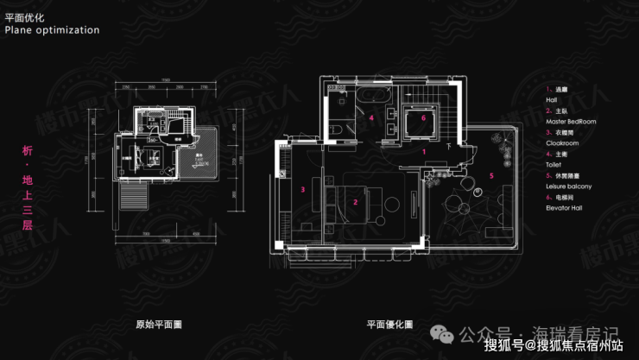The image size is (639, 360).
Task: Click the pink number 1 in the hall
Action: point(424,151)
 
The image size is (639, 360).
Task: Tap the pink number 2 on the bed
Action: point(355,202)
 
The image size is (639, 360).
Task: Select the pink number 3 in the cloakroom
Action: point(303,188)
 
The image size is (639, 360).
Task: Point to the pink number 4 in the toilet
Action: point(371,117)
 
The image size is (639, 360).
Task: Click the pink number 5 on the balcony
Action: point(491,175)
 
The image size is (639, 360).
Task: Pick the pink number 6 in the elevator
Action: point(424,117)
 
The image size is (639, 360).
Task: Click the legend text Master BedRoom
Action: point(571,122)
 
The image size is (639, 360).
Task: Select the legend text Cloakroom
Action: point(561,143)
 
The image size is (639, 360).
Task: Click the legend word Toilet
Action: point(554,165)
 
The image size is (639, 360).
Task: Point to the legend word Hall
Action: point(552,100)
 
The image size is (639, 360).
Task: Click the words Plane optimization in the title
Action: point(52,29)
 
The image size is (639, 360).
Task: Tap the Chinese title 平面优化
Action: point(23,16)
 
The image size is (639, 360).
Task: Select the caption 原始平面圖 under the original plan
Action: point(159,325)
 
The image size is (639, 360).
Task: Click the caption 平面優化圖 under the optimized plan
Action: point(389,325)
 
